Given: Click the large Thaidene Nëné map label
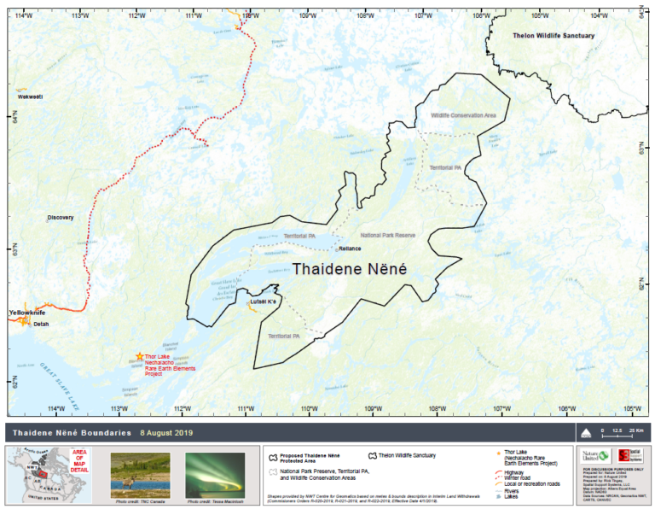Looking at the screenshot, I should tap(350, 268).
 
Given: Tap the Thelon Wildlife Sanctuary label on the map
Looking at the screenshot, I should tap(553, 35).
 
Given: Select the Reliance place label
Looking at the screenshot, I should tap(350, 249).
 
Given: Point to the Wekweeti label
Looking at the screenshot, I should tap(30, 97).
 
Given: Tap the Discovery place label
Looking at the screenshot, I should tap(61, 218).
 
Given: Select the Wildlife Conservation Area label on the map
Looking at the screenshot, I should tap(463, 115).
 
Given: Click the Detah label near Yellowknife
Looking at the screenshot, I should tap(42, 325).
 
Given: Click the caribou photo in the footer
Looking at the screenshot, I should tap(140, 475).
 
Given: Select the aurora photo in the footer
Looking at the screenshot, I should tap(215, 475).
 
